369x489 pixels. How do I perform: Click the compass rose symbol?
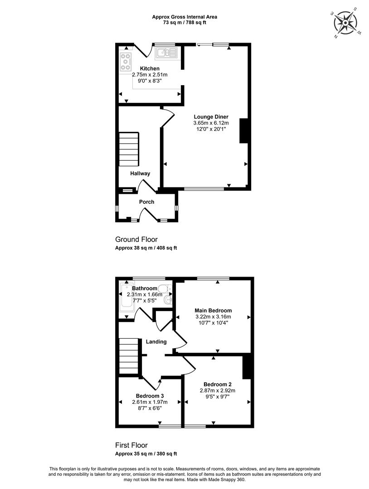coord(345,23)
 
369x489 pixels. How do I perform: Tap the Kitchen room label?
coord(150,69)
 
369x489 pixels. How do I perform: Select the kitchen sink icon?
coord(166,53)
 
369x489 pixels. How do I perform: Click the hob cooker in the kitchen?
coord(126,62)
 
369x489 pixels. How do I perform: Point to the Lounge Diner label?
coord(211,117)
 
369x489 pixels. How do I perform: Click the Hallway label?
coord(140,173)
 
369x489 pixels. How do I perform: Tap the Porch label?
coord(147,202)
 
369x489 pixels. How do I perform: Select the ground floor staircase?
coord(129,149)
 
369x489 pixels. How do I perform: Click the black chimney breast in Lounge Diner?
coord(244,131)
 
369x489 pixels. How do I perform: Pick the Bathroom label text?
coord(145,288)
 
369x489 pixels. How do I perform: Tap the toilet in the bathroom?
coord(165,288)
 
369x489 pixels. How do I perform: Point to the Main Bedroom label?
coord(213,311)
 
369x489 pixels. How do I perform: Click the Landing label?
coord(156,342)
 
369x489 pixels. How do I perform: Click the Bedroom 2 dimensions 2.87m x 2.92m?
coord(218,390)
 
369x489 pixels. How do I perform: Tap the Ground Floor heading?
coord(136,240)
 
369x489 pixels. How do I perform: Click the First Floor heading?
coord(131,446)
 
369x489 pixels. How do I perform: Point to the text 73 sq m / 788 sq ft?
coord(184,23)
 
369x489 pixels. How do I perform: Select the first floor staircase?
coord(129,358)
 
